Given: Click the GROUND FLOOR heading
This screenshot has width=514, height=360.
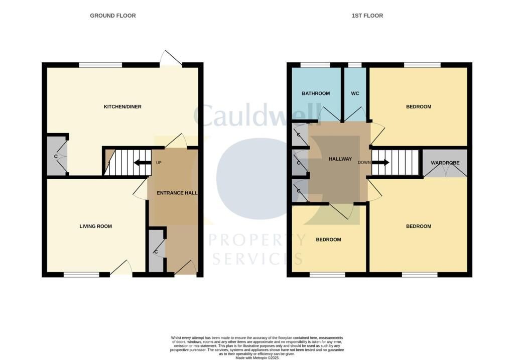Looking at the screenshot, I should [112, 16].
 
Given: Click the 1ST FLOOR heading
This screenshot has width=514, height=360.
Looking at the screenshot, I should [367, 16].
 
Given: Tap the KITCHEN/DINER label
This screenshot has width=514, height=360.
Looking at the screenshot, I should [122, 107].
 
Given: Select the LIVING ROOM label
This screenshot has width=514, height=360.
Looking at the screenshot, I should [96, 226].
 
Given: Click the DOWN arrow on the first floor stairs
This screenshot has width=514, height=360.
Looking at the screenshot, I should [379, 163].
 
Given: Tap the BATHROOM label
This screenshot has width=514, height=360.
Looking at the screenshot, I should [316, 93].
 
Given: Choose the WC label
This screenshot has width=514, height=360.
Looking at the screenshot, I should [355, 93].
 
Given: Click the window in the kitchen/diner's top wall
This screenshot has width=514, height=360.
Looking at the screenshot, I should [100, 65].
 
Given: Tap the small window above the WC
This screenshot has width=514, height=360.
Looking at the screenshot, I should [355, 65].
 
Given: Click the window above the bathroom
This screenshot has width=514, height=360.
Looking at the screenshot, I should [315, 65].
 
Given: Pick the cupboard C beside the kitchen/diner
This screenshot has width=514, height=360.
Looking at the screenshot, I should [56, 156].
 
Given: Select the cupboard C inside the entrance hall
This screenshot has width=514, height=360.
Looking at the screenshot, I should [156, 251].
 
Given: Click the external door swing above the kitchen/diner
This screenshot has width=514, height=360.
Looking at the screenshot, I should [171, 59].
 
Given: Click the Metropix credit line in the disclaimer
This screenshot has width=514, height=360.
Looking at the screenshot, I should [256, 357].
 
